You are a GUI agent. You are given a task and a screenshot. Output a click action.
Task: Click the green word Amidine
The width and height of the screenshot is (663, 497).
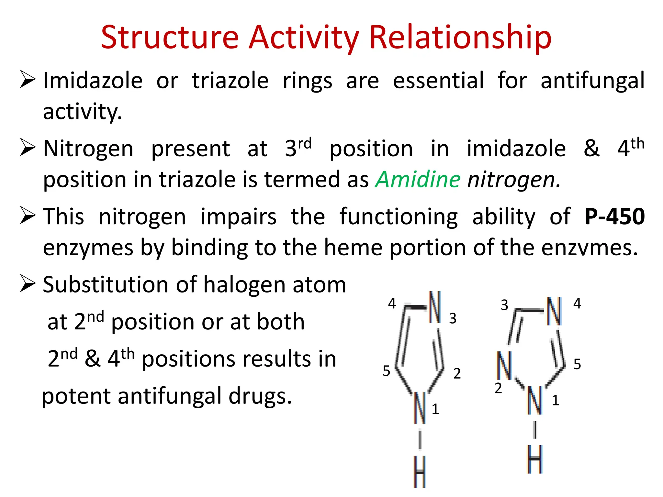point(418,179)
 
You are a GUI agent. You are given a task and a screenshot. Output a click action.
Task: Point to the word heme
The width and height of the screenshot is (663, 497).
point(354,248)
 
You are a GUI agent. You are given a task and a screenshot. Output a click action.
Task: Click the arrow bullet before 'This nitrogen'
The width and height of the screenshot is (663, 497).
point(28,215)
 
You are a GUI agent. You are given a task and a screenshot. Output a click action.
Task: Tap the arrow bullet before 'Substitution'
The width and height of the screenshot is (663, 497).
point(28,283)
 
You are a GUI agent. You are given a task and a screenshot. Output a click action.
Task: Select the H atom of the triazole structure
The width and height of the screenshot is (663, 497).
point(534,459)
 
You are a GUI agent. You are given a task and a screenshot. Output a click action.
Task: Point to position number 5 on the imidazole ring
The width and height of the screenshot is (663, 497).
point(387,371)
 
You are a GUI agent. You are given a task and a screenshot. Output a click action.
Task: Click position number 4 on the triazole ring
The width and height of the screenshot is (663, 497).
point(577,304)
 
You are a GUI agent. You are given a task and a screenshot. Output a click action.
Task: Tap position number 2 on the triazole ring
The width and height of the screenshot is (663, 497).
point(498,388)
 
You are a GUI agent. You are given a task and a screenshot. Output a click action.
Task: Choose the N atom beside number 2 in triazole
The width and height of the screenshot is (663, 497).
point(504,365)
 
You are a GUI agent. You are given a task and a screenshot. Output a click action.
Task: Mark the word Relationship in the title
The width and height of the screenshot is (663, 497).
point(460,38)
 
